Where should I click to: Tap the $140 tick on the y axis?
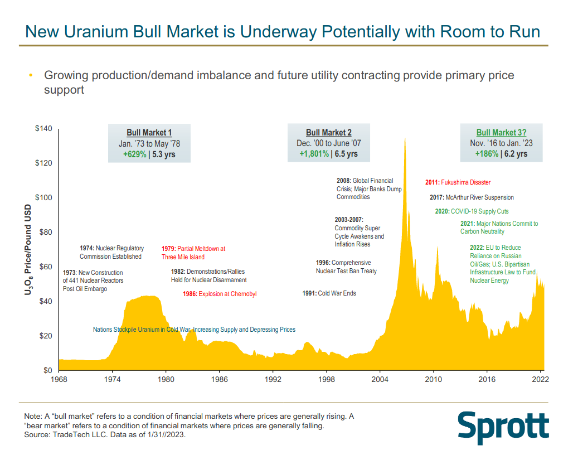tap(44, 129)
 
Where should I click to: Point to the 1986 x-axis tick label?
tap(219, 380)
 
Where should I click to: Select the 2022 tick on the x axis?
tap(540, 380)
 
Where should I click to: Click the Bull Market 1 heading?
tap(149, 133)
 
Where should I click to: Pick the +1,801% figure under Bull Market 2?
tap(314, 154)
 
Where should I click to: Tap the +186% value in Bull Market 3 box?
tap(487, 154)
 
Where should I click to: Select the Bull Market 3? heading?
tap(501, 133)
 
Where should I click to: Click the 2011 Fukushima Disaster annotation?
tap(458, 182)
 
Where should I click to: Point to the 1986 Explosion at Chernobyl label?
tap(220, 294)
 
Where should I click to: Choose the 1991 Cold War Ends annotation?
tap(329, 293)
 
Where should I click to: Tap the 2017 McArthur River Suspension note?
tap(472, 197)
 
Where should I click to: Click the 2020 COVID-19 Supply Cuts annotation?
tap(472, 211)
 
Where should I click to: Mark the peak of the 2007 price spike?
tap(404, 138)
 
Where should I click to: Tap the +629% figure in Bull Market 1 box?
tap(134, 154)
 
